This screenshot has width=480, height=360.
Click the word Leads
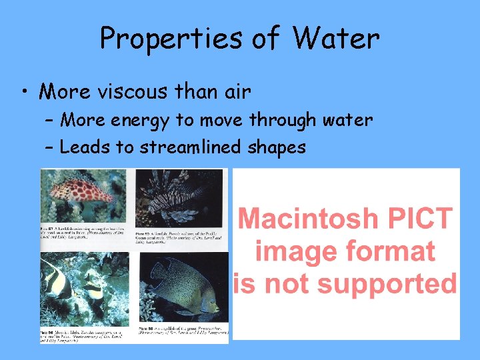(x=85, y=147)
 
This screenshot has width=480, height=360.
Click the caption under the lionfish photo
(x=180, y=238)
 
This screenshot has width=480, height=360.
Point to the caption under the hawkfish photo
(x=85, y=233)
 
